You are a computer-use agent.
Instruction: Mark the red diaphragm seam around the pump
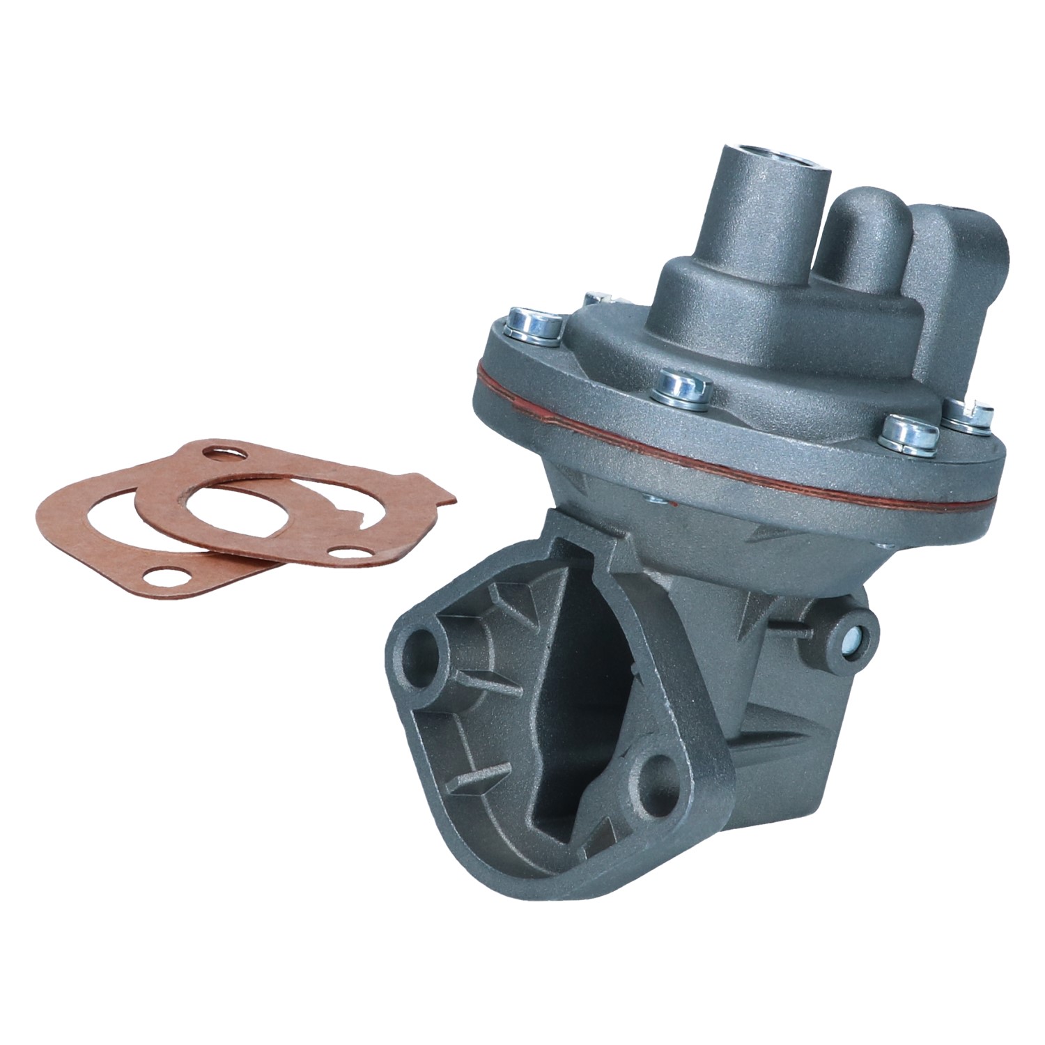731,453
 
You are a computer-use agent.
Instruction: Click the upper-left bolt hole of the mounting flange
424,651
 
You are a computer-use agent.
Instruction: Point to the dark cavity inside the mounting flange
571,718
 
